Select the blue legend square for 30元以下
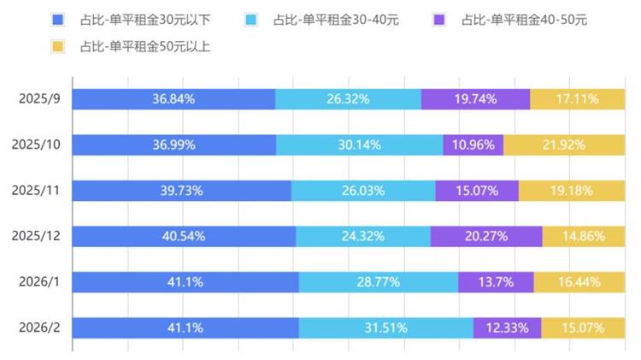click(57, 19)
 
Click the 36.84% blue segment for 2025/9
click(173, 99)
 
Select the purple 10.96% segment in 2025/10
click(473, 145)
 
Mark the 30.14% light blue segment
click(359, 145)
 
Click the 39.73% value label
click(181, 191)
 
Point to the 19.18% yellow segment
click(571, 191)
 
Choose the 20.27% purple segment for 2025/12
click(485, 237)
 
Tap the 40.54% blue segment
click(184, 237)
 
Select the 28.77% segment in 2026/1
click(378, 282)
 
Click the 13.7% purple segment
click(496, 282)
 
